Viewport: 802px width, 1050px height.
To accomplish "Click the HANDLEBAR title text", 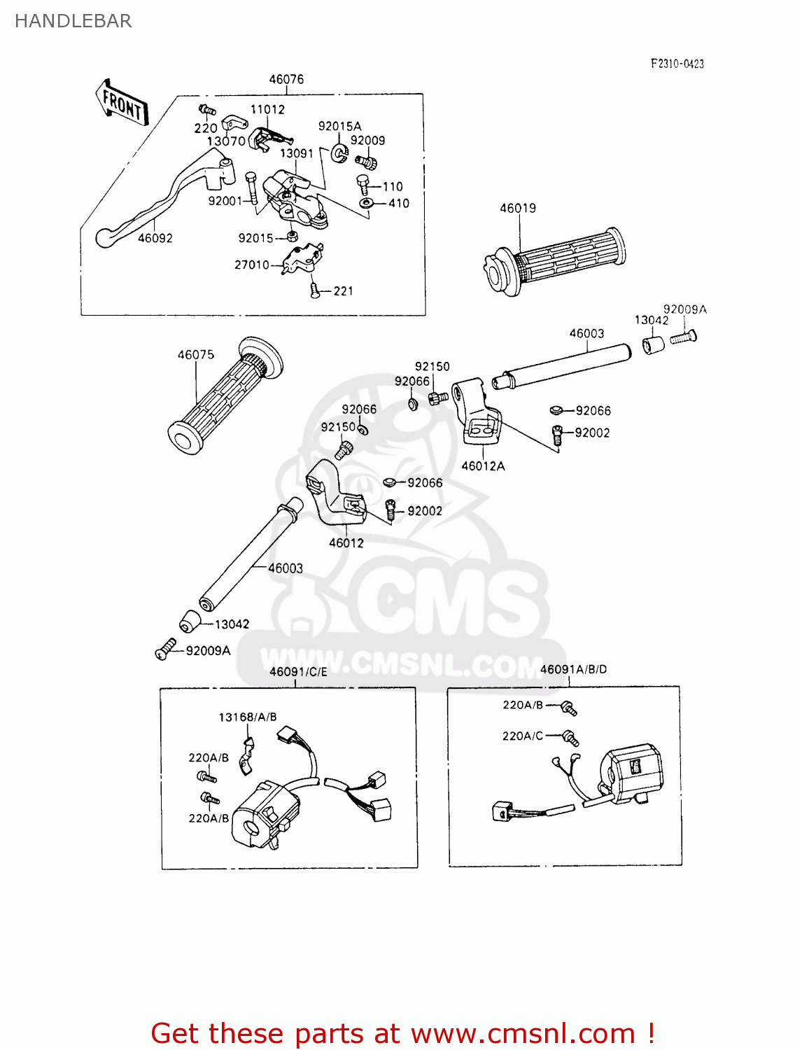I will pyautogui.click(x=73, y=21).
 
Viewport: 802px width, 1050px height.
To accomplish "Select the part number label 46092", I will pyautogui.click(x=155, y=238).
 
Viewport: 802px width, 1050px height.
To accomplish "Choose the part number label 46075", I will pyautogui.click(x=195, y=355).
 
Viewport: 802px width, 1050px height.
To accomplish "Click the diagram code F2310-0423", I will pyautogui.click(x=677, y=64).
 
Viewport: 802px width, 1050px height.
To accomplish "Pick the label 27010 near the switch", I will pyautogui.click(x=251, y=265).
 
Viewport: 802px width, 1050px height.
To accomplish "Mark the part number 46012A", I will pyautogui.click(x=483, y=466).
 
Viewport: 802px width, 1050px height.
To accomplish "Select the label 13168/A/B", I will pyautogui.click(x=247, y=717).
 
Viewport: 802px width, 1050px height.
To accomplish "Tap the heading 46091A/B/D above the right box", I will pyautogui.click(x=573, y=669).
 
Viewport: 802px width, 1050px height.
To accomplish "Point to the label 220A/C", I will pyautogui.click(x=522, y=736).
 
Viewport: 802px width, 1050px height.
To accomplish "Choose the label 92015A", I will pyautogui.click(x=339, y=126).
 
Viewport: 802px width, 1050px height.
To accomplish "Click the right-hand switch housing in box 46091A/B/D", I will pyautogui.click(x=630, y=773).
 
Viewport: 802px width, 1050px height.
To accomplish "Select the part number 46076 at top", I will pyautogui.click(x=286, y=79).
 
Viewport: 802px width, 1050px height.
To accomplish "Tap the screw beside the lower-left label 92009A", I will pyautogui.click(x=166, y=649).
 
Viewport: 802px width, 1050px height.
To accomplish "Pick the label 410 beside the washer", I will pyautogui.click(x=398, y=203).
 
